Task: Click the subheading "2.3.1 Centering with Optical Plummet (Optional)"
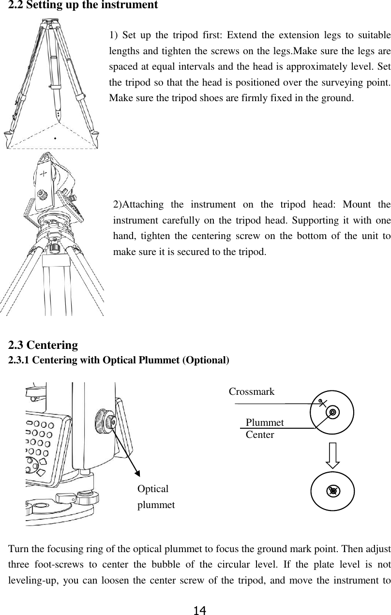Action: pos(119,360)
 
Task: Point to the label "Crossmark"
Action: pos(251,391)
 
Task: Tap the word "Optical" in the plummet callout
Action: pos(153,489)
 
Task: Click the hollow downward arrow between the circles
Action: pos(332,455)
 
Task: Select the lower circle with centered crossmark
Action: pos(332,491)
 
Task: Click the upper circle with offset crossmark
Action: pos(332,412)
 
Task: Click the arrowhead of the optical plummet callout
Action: pos(137,474)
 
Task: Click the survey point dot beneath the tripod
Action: pos(55,138)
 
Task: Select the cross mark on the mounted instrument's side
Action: pos(44,173)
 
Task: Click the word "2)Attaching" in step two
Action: pos(139,204)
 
